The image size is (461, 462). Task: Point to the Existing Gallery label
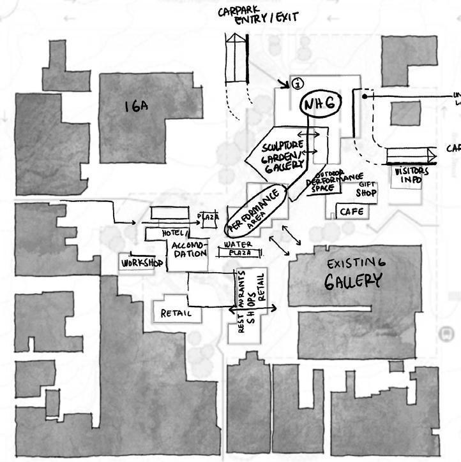[x=354, y=272]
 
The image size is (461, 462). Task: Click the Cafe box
[x=351, y=211]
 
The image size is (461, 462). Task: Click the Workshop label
[x=138, y=262]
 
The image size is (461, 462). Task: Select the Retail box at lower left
[x=176, y=313]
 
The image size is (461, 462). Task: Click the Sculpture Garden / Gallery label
[x=283, y=155]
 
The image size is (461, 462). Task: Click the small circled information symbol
[x=298, y=83]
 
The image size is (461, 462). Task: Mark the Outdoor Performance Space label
[x=327, y=182]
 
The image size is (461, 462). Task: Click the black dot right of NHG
[x=365, y=97]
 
